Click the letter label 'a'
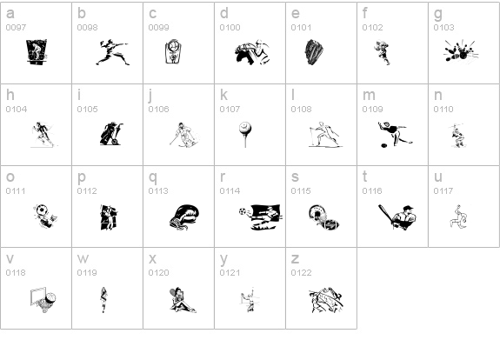tap(10, 13)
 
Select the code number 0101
tap(301, 27)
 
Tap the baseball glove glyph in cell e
tap(314, 53)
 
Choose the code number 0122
tap(301, 272)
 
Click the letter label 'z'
tap(295, 258)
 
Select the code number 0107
tap(230, 109)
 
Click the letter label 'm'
tap(369, 95)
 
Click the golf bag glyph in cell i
tap(110, 133)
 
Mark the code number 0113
tap(158, 190)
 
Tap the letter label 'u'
tap(438, 177)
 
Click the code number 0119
tap(87, 272)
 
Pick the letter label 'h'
tap(10, 95)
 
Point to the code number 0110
tap(443, 109)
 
